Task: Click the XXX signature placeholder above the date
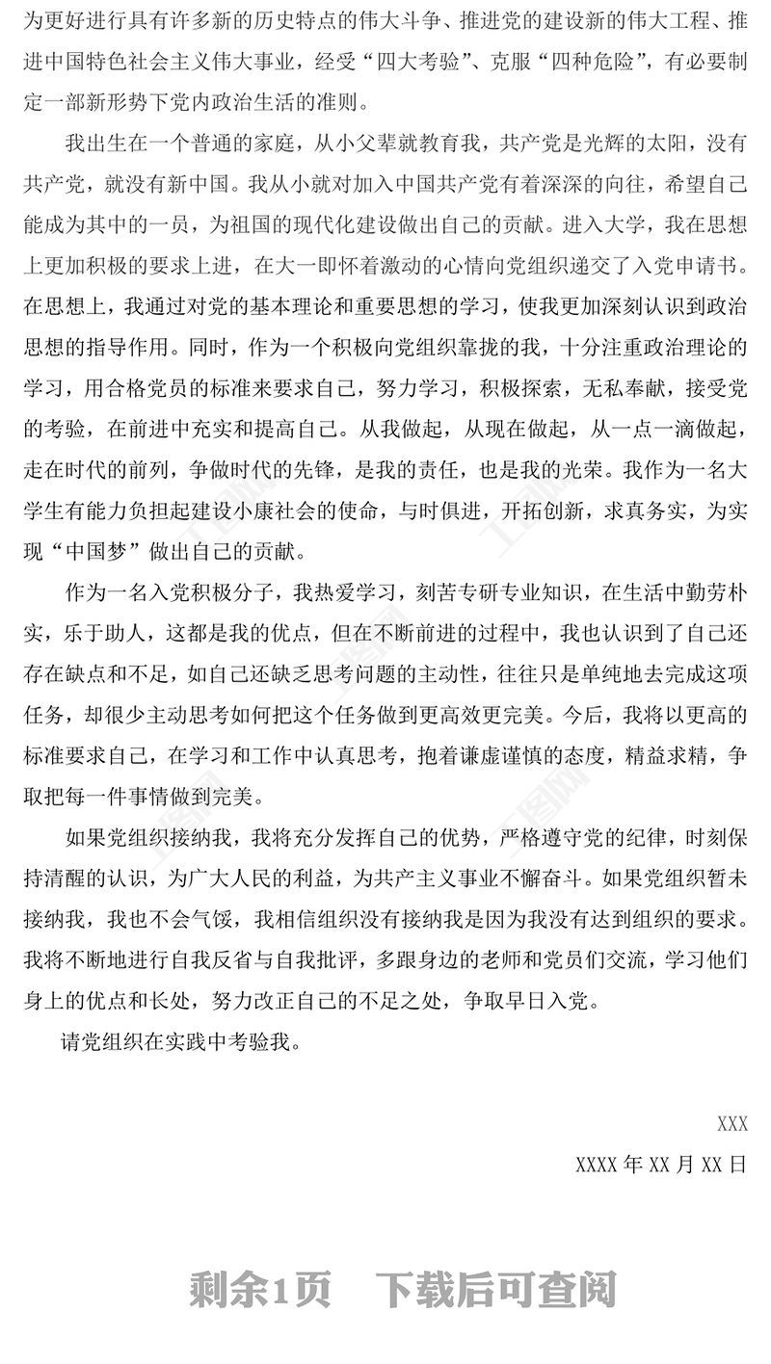[732, 1123]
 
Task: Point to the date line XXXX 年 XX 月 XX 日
[660, 1163]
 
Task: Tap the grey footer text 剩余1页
[259, 1288]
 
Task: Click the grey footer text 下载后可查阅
[496, 1288]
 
